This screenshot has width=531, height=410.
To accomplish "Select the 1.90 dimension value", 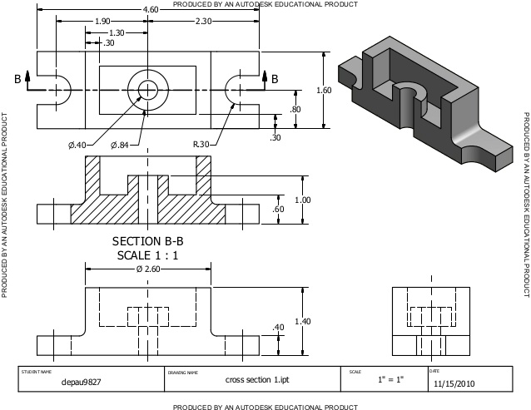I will click(x=103, y=21).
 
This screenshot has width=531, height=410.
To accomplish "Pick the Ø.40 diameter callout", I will click(x=77, y=145).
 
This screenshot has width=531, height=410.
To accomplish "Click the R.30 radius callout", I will click(x=201, y=145).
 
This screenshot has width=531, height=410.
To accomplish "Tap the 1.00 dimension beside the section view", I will click(x=302, y=200).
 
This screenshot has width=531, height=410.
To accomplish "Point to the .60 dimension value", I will click(x=279, y=210).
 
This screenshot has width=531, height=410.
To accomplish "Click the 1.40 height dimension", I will click(x=302, y=321).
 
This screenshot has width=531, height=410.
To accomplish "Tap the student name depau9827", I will click(x=80, y=383).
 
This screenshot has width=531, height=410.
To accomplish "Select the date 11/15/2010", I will click(x=454, y=384).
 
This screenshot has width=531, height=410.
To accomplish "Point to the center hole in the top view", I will click(x=148, y=89).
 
